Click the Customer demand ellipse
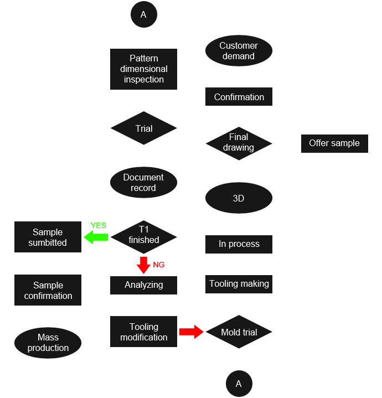(239, 51)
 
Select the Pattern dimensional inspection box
(143, 69)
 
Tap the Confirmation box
(239, 96)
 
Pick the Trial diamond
(144, 128)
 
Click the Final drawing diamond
(239, 143)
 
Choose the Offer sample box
(334, 143)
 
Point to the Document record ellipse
(143, 182)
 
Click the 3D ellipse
(239, 198)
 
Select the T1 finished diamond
(144, 235)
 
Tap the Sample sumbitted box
(48, 237)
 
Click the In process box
(239, 244)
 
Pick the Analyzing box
(143, 285)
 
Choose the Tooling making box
(239, 283)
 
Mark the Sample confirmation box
(48, 290)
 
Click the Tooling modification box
(143, 332)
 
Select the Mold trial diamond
(239, 332)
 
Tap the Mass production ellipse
(48, 343)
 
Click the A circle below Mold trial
(239, 384)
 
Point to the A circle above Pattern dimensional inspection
(143, 15)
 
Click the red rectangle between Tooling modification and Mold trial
(191, 332)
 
